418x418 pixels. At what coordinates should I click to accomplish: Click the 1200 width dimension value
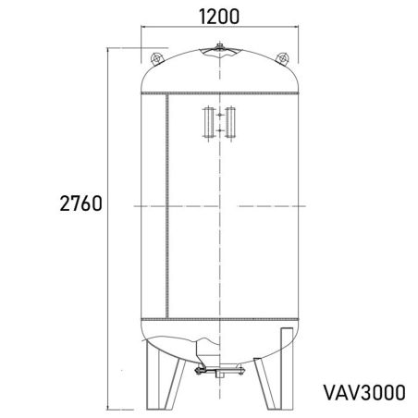[219, 16]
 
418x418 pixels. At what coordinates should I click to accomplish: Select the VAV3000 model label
[363, 391]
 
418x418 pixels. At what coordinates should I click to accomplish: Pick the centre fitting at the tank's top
[219, 48]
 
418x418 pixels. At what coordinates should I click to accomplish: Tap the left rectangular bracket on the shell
[205, 123]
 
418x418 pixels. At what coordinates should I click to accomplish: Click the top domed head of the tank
[219, 72]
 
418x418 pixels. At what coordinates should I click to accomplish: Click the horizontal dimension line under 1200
[219, 30]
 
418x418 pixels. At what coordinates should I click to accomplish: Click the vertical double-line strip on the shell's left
[165, 203]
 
